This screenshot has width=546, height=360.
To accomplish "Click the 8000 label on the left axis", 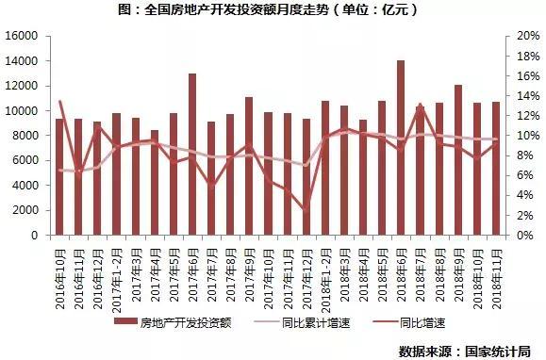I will [x=26, y=136].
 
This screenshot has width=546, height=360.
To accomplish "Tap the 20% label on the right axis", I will [x=524, y=36].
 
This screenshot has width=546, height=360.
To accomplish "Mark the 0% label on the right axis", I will [x=521, y=236].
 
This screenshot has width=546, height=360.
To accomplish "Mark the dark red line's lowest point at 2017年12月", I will [x=306, y=208].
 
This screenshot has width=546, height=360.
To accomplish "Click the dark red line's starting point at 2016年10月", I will [x=60, y=102].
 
